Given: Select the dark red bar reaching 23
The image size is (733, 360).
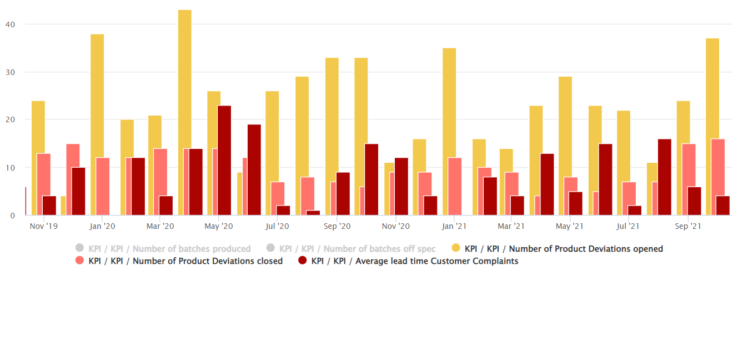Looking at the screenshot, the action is pos(224,161).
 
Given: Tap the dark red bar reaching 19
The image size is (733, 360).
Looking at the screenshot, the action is pos(254,170).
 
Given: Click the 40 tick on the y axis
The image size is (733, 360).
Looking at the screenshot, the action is pos(10,24).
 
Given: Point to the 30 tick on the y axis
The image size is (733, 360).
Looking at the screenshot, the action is pos(10,72).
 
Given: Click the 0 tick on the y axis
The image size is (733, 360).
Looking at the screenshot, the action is pos(12,216).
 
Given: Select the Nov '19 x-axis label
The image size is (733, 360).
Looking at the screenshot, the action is pos(43,226).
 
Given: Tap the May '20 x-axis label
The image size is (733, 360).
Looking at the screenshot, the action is pos(219,226).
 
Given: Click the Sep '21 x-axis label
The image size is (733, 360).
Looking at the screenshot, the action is pos(688,226).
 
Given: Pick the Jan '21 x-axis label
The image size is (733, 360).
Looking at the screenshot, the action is pos(454,226).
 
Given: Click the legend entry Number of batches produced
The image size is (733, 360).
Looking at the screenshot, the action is pos(163,249).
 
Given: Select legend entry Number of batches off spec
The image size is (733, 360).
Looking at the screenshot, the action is pos(351,249).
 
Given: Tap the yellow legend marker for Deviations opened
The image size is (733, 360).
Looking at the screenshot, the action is pos(456,248).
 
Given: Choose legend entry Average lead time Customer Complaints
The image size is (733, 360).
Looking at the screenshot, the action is pos(408,261).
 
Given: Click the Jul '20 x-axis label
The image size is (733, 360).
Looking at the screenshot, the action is pos(277,226).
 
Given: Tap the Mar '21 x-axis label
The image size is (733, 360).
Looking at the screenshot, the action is pos(511,226).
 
